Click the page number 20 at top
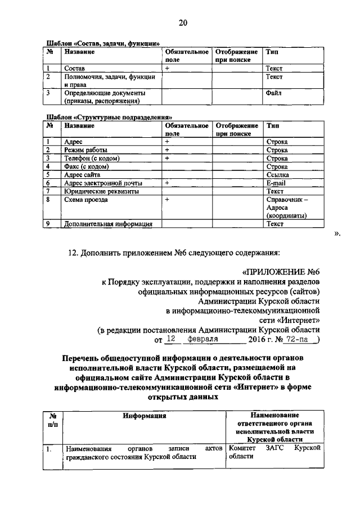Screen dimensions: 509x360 click(x=183, y=23)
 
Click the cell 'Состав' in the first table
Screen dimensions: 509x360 click(x=75, y=68)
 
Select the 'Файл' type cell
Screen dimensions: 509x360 click(x=274, y=92)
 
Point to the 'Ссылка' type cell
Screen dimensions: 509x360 click(x=277, y=175)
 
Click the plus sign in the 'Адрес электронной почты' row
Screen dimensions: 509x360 click(x=167, y=183)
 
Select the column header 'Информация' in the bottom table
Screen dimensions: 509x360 click(x=144, y=416)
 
